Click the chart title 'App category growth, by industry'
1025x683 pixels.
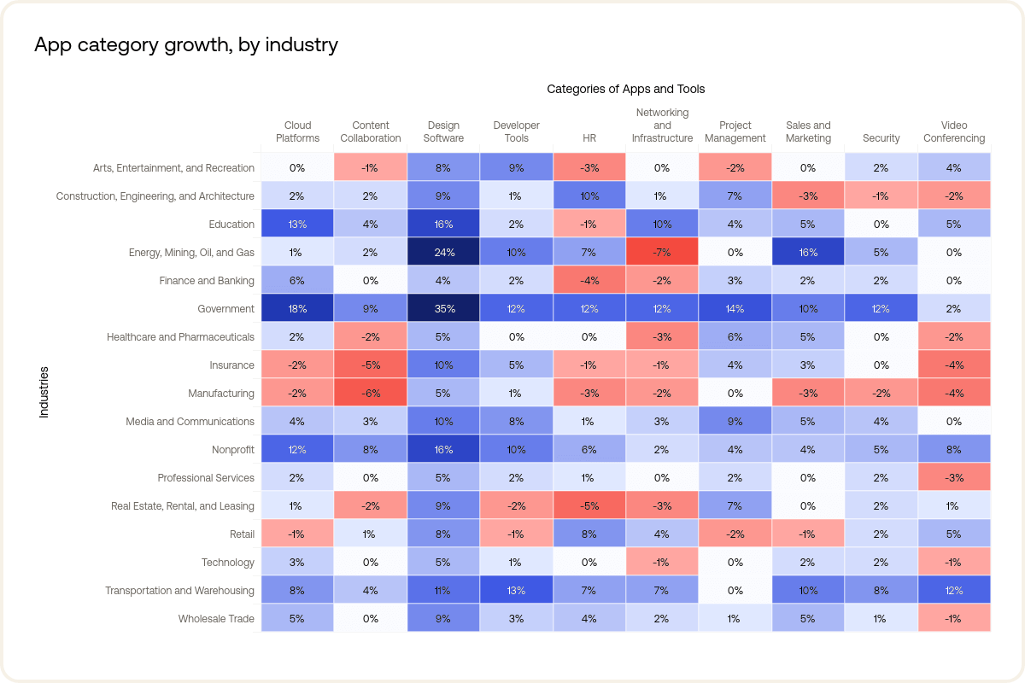coord(186,45)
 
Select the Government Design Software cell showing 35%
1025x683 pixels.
coord(443,309)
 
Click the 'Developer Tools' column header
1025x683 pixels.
coord(516,132)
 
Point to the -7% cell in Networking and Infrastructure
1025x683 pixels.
coord(662,253)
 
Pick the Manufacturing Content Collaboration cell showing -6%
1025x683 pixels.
coord(370,394)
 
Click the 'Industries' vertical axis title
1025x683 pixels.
coord(44,393)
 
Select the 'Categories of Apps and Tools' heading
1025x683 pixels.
coord(625,89)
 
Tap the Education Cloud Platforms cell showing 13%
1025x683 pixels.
coord(297,225)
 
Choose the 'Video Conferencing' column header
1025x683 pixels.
coord(954,132)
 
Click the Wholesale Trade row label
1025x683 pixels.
coord(216,619)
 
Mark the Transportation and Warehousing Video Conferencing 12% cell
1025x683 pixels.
coord(954,591)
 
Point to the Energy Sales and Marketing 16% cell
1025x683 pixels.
coord(808,253)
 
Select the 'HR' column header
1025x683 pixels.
coord(589,138)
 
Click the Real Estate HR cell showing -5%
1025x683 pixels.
coord(589,506)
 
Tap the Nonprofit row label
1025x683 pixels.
coord(232,450)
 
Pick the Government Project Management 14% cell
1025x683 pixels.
coord(735,309)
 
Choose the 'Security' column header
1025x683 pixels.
coord(881,138)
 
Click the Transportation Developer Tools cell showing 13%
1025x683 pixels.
coord(516,591)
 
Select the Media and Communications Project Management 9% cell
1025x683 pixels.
coord(735,422)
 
